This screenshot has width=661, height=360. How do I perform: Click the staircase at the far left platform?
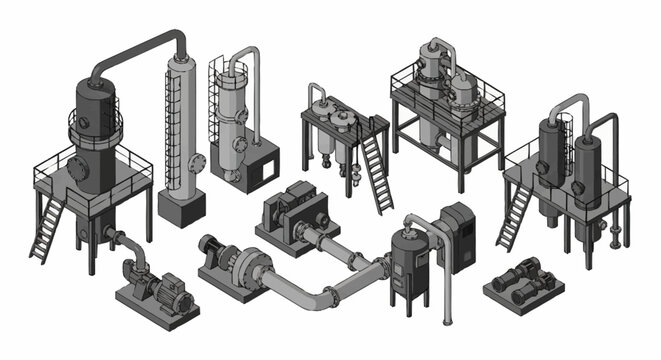click(x=47, y=230)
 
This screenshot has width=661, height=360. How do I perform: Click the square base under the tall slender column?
click(x=181, y=206)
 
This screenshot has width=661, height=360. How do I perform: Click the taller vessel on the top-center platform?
click(x=431, y=75)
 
